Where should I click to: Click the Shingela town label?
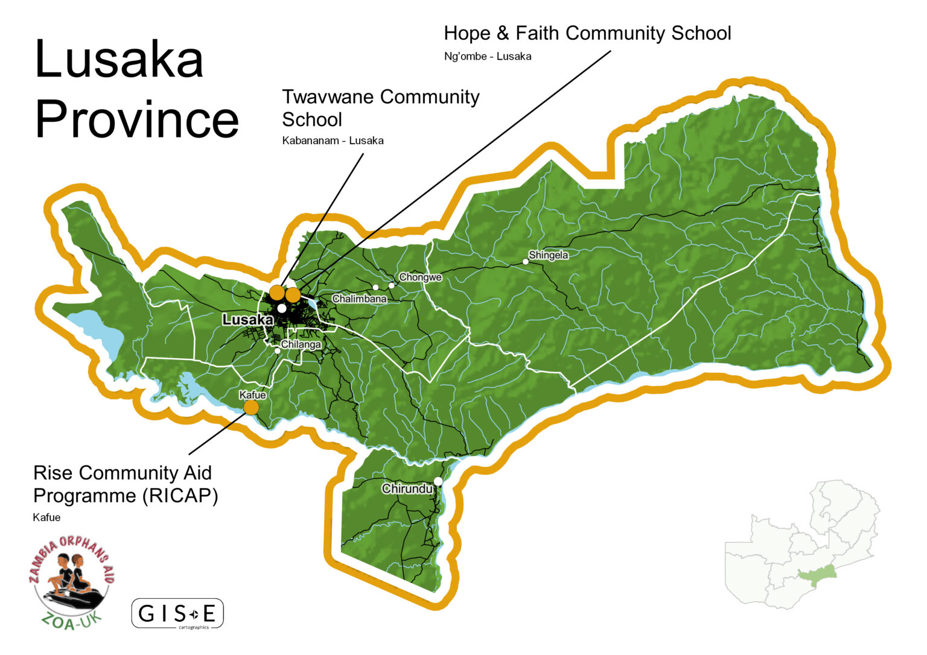pyautogui.click(x=548, y=255)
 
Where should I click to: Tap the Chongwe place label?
pyautogui.click(x=420, y=277)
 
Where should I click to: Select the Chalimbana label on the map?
pyautogui.click(x=359, y=299)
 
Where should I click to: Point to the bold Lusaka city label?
pyautogui.click(x=247, y=320)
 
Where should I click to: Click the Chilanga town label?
pyautogui.click(x=301, y=344)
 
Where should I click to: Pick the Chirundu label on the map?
pyautogui.click(x=407, y=489)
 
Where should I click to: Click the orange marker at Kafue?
pyautogui.click(x=251, y=408)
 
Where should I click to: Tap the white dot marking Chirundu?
pyautogui.click(x=438, y=481)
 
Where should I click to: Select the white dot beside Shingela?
pyautogui.click(x=526, y=262)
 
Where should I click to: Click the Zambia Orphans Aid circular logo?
pyautogui.click(x=71, y=582)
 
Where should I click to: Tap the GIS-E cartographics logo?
pyautogui.click(x=177, y=614)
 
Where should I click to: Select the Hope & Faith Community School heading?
pyautogui.click(x=587, y=33)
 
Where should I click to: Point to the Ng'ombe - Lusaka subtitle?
pyautogui.click(x=487, y=57)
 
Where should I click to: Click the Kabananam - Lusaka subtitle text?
pyautogui.click(x=333, y=141)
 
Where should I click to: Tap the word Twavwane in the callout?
pyautogui.click(x=328, y=97)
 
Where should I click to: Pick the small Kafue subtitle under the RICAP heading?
pyautogui.click(x=46, y=517)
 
